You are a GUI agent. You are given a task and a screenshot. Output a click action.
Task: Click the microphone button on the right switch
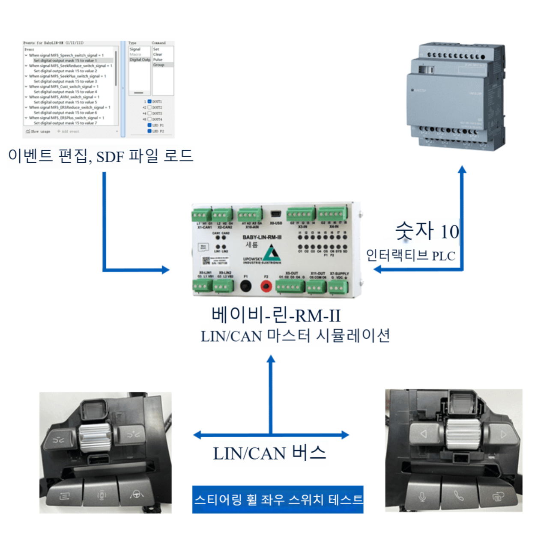tap(422, 496)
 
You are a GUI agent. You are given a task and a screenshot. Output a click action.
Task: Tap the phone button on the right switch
tap(458, 495)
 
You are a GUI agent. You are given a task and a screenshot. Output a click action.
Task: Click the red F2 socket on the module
tap(266, 286)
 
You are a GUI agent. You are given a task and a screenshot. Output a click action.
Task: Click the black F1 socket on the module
tap(245, 286)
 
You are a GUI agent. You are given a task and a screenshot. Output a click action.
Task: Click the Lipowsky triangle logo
tap(272, 253)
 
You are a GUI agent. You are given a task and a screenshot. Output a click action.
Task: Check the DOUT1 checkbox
tap(149, 101)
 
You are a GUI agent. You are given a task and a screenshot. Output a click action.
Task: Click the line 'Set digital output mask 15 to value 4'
tap(65, 92)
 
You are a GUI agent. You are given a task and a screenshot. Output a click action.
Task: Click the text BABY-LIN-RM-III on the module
tap(262, 237)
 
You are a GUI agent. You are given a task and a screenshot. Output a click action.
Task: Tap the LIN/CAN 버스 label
tap(269, 453)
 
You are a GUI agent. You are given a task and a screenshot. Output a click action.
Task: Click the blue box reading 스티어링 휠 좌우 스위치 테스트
tap(278, 499)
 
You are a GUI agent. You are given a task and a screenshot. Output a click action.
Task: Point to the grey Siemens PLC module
tap(456, 96)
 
